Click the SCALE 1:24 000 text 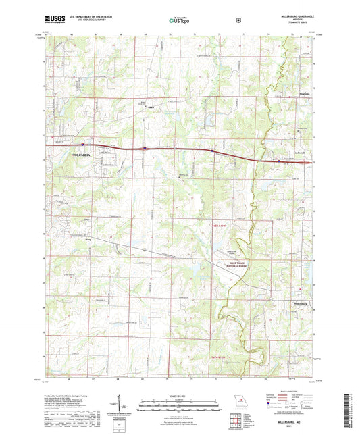click(179, 395)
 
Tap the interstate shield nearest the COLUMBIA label click(82, 145)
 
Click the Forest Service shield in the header click(238, 20)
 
